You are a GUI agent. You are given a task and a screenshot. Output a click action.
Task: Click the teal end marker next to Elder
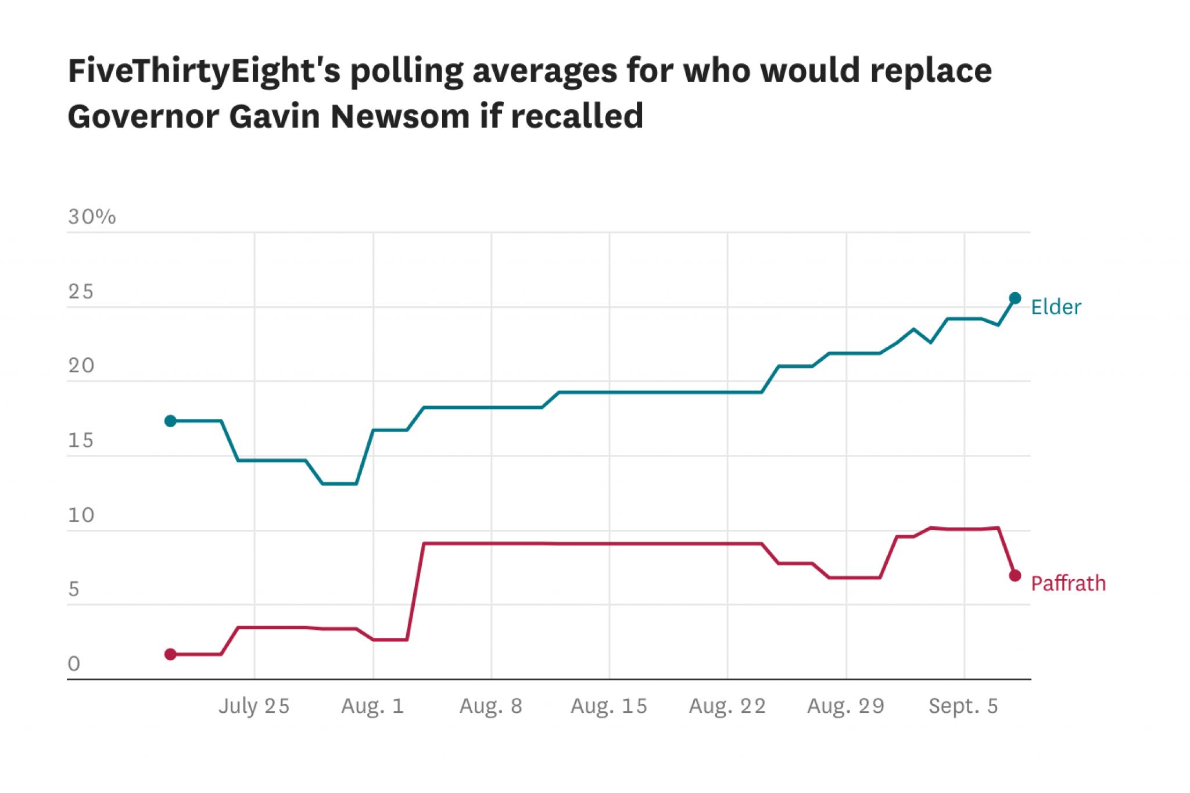[1015, 298]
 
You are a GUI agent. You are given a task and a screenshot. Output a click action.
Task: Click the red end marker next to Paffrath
[1015, 575]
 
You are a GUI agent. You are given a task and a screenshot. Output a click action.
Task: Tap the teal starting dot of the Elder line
[170, 421]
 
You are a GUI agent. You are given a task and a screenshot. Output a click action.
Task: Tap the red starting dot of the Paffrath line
[170, 654]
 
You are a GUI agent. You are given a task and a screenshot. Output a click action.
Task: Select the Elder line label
[1056, 307]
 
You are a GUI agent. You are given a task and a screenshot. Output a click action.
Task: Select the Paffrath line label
[1068, 583]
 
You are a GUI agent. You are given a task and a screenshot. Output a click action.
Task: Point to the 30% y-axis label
[92, 217]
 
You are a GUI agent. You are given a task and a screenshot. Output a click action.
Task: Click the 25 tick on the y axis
[80, 292]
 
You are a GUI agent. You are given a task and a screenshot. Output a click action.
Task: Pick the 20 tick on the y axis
[81, 366]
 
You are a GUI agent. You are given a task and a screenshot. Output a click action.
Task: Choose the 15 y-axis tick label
[80, 440]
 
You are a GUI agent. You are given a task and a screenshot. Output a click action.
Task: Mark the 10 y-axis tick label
[81, 515]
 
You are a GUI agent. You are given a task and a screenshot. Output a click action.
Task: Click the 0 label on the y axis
[74, 663]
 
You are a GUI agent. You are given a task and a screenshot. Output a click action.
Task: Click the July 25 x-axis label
[254, 706]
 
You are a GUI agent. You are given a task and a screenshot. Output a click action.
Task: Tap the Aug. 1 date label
[372, 706]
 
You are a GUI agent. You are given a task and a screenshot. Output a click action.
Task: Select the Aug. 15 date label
[608, 706]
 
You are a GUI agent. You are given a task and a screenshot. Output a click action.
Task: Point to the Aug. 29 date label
[845, 706]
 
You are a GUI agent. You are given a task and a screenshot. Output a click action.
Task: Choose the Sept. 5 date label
[963, 706]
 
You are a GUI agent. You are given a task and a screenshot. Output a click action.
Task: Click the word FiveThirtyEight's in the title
[203, 71]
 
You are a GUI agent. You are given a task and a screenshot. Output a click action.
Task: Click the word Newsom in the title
[400, 116]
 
